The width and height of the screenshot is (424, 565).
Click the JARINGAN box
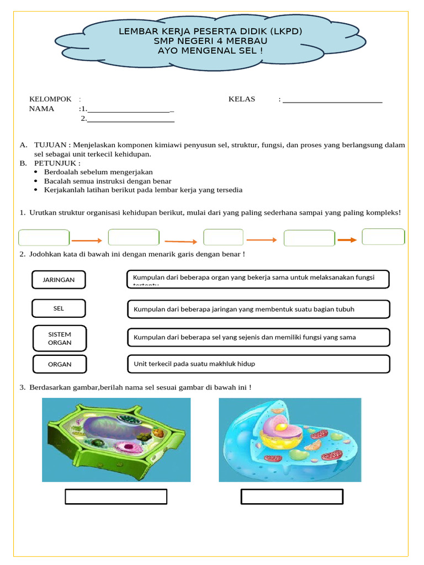point(59,280)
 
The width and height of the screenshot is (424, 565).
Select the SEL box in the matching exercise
point(59,308)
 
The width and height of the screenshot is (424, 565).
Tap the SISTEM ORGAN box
point(60,338)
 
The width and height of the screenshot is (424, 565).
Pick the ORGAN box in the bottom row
point(60,364)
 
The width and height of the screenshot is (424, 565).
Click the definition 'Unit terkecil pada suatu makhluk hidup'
point(258,364)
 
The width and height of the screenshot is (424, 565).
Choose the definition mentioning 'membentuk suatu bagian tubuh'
point(258,310)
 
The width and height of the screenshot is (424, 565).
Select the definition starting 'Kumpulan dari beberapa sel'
point(258,337)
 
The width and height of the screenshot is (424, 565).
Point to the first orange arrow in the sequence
point(87,240)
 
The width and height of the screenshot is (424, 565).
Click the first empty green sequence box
point(44,238)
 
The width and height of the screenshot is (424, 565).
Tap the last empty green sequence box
point(383,237)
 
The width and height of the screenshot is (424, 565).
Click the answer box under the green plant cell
point(116,497)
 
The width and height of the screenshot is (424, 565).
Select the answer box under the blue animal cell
point(291,497)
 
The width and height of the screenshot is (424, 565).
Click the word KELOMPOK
point(50,99)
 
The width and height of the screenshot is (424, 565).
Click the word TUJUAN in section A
point(50,145)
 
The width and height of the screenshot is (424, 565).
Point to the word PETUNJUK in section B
point(57,163)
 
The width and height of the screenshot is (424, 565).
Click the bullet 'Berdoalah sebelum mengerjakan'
point(98,172)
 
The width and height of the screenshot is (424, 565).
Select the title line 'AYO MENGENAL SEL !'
point(210,51)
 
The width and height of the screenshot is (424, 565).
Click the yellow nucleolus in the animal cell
point(282,427)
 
